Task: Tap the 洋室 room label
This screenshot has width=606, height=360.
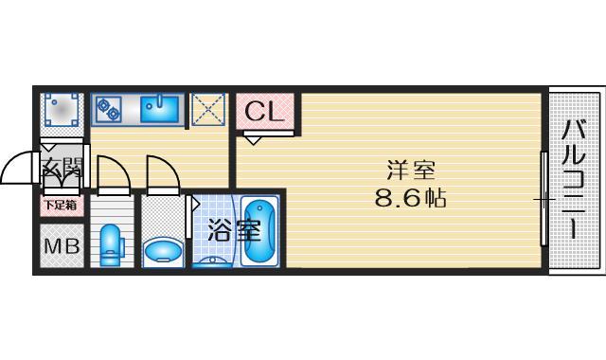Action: pos(410,171)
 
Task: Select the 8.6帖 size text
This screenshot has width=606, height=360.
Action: pos(410,200)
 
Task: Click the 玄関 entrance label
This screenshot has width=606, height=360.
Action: pos(63,171)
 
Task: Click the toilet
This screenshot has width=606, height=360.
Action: pos(111,245)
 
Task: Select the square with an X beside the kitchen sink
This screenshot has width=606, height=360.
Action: pos(208,110)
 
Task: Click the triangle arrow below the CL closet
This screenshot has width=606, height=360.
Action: pos(254,137)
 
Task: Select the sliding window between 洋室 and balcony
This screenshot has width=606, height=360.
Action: pos(544,200)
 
